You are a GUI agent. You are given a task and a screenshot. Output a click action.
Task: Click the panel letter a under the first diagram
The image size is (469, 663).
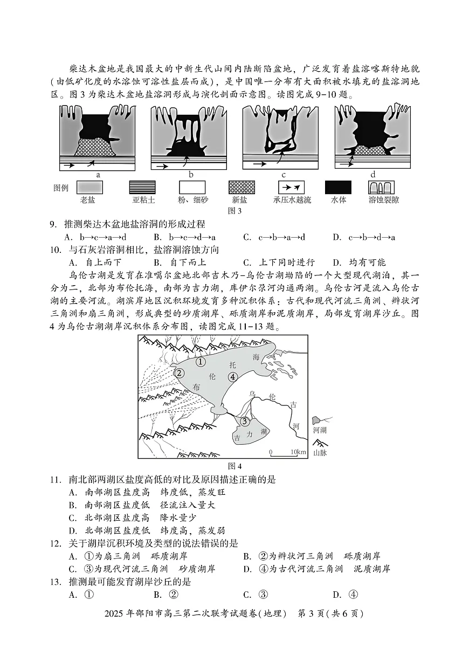[x=98, y=175]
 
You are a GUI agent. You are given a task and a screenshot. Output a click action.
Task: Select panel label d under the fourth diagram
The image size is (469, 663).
[x=373, y=175]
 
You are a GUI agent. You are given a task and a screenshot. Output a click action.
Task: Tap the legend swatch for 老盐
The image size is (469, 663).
[x=89, y=188]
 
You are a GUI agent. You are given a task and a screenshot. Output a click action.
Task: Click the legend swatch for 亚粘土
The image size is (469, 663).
[x=142, y=188]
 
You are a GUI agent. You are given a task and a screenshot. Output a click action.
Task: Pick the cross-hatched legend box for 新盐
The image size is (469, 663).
[x=242, y=188]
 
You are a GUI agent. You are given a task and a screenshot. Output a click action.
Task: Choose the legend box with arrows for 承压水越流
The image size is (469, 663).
[x=292, y=188]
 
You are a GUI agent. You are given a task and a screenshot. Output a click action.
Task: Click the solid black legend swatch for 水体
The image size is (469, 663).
[x=338, y=188]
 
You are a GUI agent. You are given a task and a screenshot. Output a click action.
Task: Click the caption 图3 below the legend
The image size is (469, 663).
[x=235, y=211]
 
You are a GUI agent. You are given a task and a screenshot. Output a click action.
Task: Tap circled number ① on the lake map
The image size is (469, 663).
[x=201, y=362]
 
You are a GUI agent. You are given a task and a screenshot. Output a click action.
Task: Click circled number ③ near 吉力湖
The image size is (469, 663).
[x=245, y=421]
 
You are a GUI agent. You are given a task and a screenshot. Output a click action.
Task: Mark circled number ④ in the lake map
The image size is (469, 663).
[x=233, y=377]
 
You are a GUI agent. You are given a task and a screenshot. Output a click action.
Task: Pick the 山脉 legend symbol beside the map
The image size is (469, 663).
[x=320, y=443]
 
